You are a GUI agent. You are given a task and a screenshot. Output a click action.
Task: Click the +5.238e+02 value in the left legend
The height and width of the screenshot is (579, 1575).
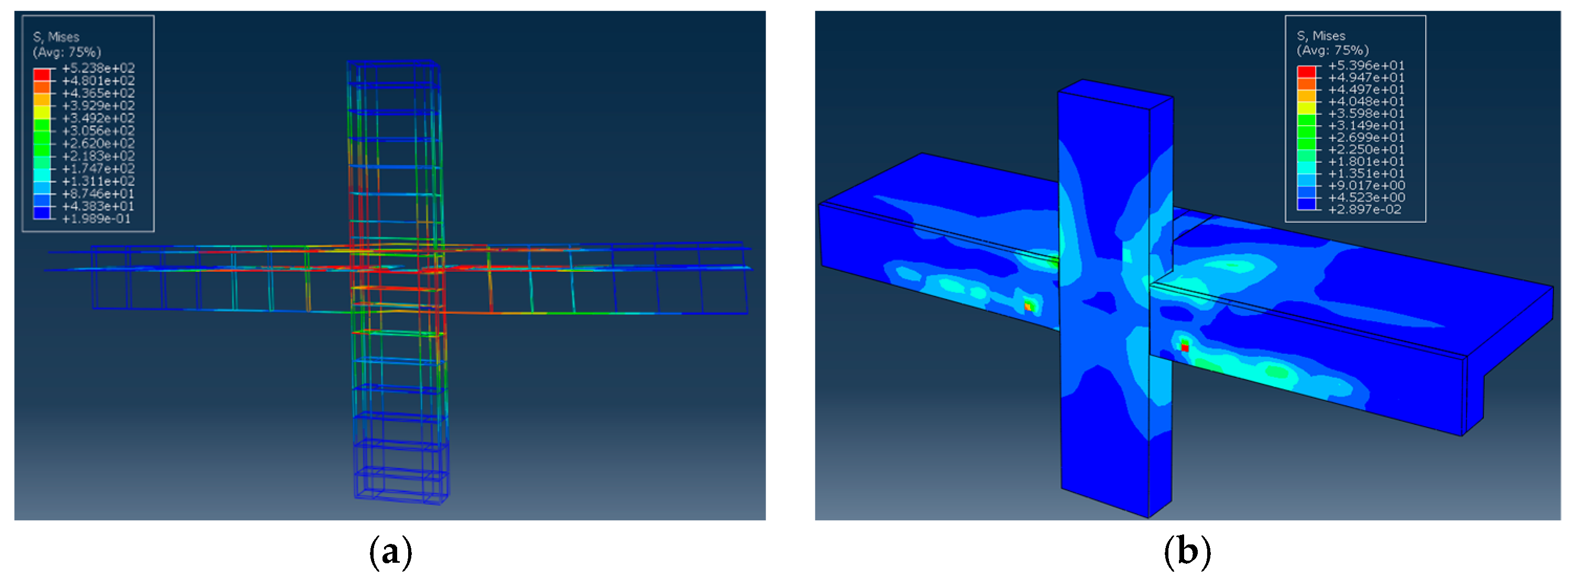tap(99, 68)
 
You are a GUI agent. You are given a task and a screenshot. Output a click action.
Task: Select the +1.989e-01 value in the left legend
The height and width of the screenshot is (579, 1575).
tap(96, 219)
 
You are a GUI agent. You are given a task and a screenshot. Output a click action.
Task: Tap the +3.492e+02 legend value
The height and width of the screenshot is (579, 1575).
tap(99, 118)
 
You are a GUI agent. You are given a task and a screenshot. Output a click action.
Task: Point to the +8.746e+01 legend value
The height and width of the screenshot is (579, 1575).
tap(99, 194)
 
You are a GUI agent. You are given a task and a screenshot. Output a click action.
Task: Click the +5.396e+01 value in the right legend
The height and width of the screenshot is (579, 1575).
tap(1366, 65)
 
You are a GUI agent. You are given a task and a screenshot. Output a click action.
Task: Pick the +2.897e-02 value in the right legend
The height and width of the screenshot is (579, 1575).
tap(1365, 210)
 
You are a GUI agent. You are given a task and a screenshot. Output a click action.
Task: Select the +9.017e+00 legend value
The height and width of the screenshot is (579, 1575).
tap(1366, 185)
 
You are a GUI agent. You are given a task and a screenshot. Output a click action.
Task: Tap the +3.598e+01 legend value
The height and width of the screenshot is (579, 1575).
tap(1366, 113)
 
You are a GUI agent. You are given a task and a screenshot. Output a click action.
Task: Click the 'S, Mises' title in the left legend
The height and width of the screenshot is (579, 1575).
tap(56, 37)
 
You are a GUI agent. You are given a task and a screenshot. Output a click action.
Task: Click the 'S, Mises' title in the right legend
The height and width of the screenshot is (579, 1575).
tap(1321, 36)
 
